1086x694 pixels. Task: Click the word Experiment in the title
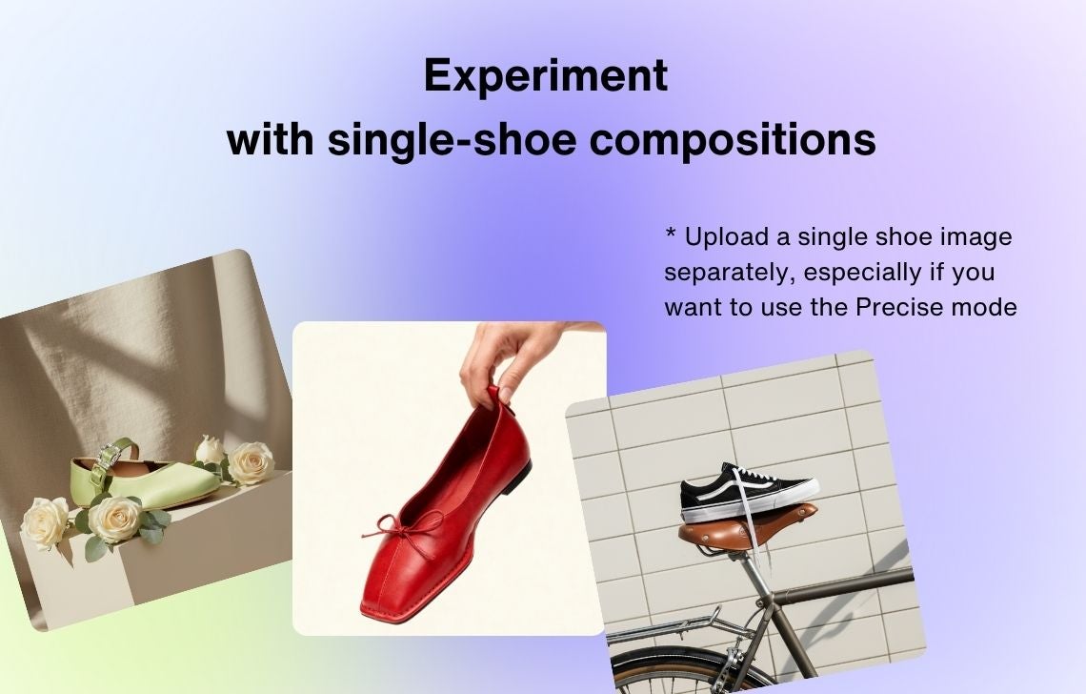(546, 77)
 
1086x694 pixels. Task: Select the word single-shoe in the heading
(452, 139)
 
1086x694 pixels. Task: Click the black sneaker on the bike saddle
(747, 493)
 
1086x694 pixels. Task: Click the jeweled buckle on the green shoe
(108, 458)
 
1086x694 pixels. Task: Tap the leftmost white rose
(46, 522)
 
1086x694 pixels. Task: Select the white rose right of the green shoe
(251, 462)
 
